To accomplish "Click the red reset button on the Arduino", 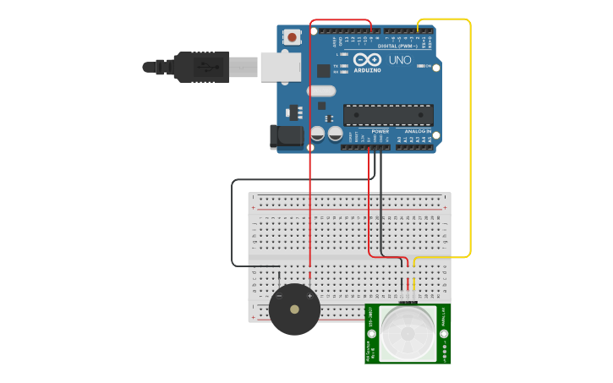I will tap(292, 36).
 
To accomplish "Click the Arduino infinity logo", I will tap(367, 60).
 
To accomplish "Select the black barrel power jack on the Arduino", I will tap(285, 137).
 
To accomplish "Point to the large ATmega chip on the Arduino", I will tap(388, 115).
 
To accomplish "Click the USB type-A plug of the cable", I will tap(201, 67).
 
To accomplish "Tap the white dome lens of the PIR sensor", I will tap(408, 331).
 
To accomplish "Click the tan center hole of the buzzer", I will tap(294, 309).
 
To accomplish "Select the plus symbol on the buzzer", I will tap(309, 296).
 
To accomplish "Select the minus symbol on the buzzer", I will tap(280, 296).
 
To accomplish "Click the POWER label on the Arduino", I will tap(380, 131).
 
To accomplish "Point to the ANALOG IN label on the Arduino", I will tap(418, 131).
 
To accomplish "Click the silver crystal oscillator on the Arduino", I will tap(321, 90).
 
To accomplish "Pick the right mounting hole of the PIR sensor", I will tap(444, 315).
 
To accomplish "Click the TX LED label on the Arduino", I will tap(336, 65).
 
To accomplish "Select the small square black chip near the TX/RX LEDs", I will tap(323, 71).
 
